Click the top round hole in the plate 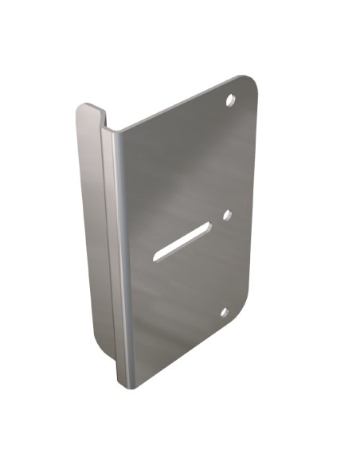230,101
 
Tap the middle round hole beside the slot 226,214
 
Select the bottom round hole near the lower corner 224,312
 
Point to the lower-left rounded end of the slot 158,256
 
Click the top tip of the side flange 86,107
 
